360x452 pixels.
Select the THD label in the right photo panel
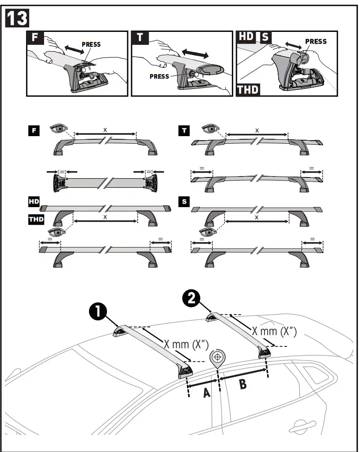click(x=248, y=89)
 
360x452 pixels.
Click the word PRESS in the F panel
click(x=91, y=44)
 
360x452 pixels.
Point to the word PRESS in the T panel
click(x=159, y=76)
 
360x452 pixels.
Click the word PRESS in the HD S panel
click(x=316, y=41)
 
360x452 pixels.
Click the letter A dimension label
click(x=206, y=393)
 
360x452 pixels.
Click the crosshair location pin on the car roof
click(x=218, y=357)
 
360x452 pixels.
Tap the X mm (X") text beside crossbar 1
click(x=186, y=345)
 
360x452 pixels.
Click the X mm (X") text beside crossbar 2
click(x=274, y=331)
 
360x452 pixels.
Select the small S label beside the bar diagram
click(x=184, y=202)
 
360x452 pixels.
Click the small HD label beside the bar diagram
click(x=34, y=202)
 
